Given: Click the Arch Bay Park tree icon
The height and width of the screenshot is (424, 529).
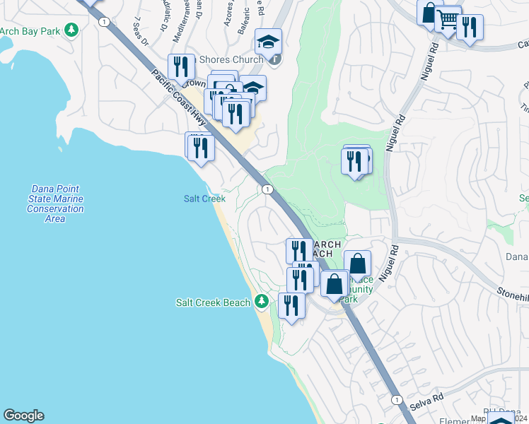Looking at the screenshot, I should pos(71,30).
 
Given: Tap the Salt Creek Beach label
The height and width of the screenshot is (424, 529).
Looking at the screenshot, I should pos(213,302).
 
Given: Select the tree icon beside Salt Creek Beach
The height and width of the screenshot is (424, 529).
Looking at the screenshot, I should pos(262,302).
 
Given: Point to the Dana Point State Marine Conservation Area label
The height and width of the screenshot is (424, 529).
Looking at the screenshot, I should pos(55,204).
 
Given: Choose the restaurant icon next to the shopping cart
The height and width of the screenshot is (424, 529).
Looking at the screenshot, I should pos(470,28).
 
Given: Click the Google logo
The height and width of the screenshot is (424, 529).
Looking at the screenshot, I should pos(23,416).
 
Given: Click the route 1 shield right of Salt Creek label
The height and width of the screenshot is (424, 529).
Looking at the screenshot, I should pos(267,189).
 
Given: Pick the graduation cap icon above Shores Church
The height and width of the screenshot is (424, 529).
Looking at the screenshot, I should pos(268,42).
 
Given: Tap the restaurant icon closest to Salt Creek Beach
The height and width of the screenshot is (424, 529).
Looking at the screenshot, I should pos(291,305).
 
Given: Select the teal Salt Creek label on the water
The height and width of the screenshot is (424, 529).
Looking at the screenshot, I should pos(204,199).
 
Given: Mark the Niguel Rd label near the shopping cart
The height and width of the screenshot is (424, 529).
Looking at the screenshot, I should pos(429,62).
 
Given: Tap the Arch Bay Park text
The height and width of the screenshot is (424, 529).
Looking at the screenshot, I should pos(29,31).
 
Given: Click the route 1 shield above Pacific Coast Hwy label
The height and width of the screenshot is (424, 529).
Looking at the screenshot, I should pos(105,22).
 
